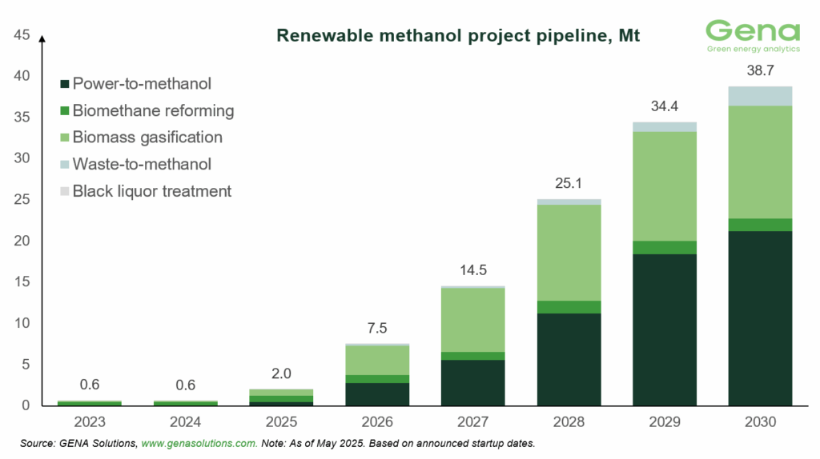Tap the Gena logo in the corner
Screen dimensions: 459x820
752,37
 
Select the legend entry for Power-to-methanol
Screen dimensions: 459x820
141,82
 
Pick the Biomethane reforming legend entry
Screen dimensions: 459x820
152,110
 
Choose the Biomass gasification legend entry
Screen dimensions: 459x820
147,137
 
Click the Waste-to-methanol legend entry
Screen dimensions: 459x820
141,164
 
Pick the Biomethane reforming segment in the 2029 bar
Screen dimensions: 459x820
665,247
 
